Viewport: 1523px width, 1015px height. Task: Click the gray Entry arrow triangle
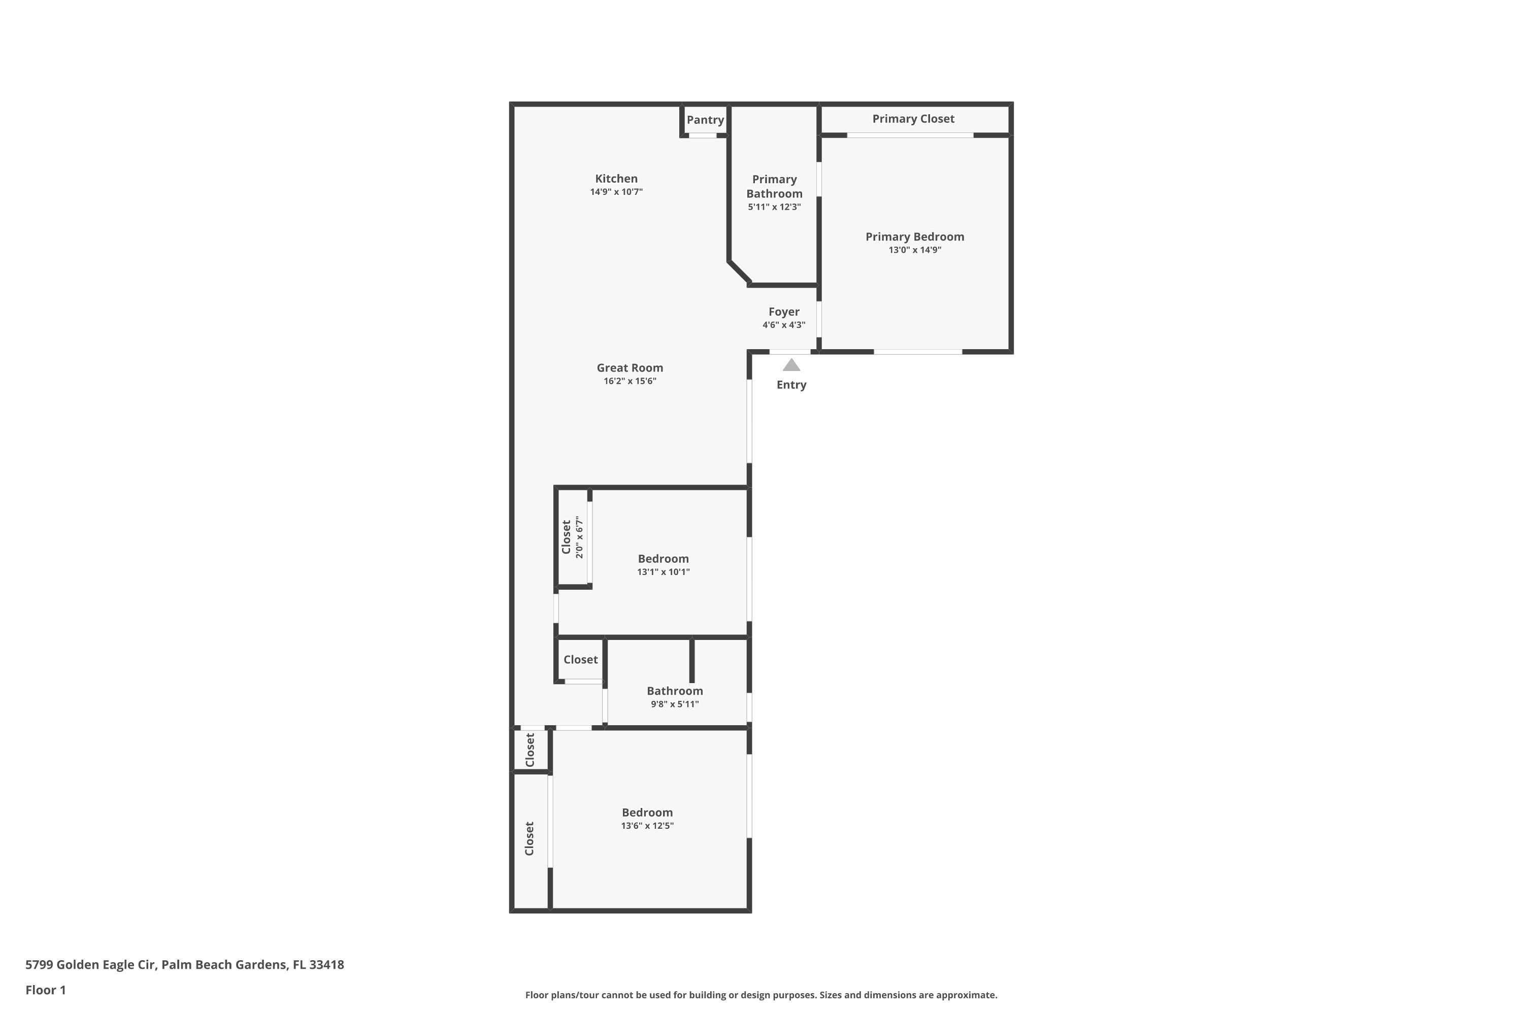pos(791,365)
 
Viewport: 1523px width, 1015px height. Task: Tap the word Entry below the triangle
pos(791,385)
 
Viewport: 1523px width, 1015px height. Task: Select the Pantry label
pos(705,120)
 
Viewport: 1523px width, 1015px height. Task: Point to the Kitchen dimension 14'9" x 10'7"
pos(616,192)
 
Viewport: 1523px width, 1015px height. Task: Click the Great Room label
pos(630,367)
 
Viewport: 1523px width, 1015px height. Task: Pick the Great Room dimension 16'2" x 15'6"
pos(630,381)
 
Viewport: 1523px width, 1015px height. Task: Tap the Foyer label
pos(784,312)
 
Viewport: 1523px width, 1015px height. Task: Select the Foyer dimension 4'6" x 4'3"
pos(784,325)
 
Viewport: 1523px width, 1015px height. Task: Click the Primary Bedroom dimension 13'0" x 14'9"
pos(915,250)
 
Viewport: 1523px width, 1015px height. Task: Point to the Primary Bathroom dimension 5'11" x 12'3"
pos(775,207)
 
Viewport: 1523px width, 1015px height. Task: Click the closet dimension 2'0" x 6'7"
pos(580,537)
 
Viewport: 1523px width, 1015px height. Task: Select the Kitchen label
pos(616,179)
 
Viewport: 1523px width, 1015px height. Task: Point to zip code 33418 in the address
pos(326,965)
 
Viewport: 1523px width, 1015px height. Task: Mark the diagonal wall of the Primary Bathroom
pos(740,273)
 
